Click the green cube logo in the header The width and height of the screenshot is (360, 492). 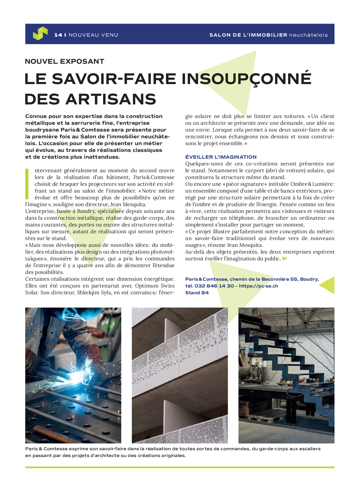tap(40, 33)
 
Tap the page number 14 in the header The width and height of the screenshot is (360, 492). tap(58, 35)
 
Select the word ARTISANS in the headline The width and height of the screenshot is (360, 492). tap(111, 99)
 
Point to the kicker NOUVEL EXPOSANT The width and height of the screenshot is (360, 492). tap(65, 61)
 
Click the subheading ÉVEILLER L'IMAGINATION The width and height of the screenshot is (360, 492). tap(221, 157)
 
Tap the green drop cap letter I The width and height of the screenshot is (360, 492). tap(27, 184)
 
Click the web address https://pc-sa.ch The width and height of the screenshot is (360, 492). tap(259, 286)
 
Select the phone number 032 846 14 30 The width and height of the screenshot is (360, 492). tap(214, 286)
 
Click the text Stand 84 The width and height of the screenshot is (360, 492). tap(197, 293)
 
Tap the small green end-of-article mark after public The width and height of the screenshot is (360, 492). tap(284, 259)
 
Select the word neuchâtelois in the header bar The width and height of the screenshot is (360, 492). tap(308, 35)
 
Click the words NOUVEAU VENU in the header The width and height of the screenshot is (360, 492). tap(93, 35)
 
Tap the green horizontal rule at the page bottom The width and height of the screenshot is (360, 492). tap(180, 467)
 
